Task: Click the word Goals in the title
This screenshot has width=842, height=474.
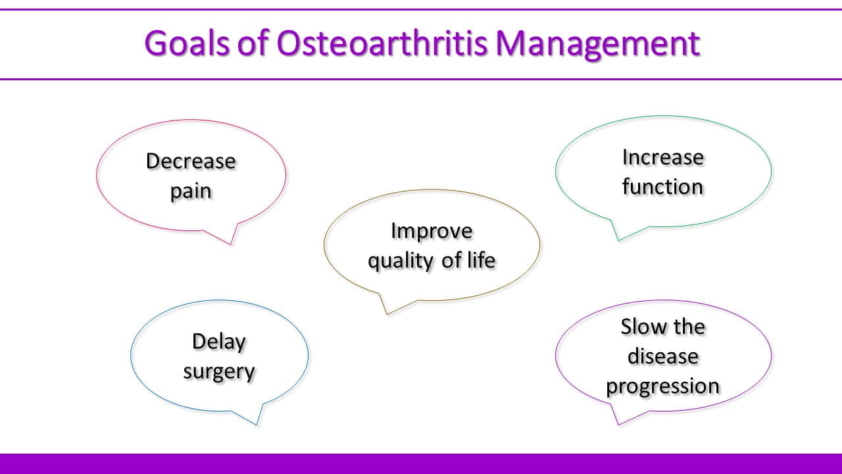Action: click(x=187, y=43)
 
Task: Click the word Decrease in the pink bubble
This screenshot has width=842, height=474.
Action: click(x=191, y=161)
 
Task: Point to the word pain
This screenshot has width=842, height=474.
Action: click(x=191, y=192)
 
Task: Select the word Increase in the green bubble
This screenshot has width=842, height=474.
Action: click(x=663, y=157)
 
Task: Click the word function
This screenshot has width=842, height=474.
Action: click(x=662, y=186)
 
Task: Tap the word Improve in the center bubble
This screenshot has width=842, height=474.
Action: click(x=432, y=231)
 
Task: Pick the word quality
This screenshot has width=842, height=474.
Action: click(x=401, y=261)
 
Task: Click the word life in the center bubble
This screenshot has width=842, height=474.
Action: click(x=482, y=259)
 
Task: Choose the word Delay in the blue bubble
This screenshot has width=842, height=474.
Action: click(x=219, y=342)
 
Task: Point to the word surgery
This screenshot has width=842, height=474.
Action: click(x=219, y=373)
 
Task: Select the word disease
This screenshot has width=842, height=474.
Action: click(x=663, y=356)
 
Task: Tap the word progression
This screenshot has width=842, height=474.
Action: click(x=662, y=386)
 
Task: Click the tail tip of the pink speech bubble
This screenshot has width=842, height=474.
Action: click(x=231, y=244)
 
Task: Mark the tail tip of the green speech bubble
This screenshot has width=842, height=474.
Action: click(x=619, y=240)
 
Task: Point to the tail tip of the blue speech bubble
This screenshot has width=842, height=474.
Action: click(x=257, y=425)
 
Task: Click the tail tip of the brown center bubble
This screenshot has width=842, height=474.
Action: click(x=387, y=314)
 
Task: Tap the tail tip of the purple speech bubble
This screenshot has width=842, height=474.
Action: click(x=619, y=425)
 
